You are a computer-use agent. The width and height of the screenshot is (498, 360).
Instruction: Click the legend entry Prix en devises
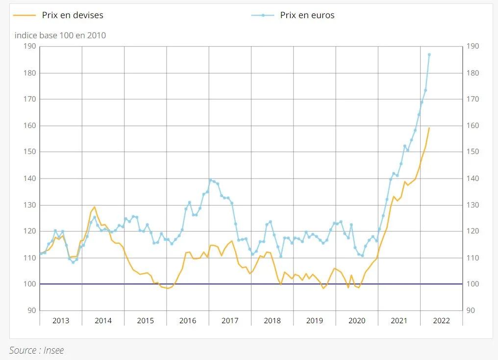72,15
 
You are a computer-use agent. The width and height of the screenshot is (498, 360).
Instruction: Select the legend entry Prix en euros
307,15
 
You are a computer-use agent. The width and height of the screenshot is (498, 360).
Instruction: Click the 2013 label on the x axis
61,321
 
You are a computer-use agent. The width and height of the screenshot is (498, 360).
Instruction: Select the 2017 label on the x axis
230,321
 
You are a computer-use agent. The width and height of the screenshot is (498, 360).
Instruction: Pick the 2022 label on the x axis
441,321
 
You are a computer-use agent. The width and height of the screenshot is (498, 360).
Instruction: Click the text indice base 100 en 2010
60,35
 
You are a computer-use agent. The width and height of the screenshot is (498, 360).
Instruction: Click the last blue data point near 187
429,54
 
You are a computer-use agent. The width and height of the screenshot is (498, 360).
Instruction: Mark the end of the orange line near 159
429,128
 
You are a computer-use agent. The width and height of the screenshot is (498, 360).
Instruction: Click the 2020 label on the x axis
357,321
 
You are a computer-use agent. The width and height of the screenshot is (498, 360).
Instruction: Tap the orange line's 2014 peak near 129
95,207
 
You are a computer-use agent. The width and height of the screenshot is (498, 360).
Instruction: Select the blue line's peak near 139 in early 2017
210,180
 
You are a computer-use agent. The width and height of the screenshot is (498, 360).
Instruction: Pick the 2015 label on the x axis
145,321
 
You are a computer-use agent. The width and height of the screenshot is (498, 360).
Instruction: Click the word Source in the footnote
23,350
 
